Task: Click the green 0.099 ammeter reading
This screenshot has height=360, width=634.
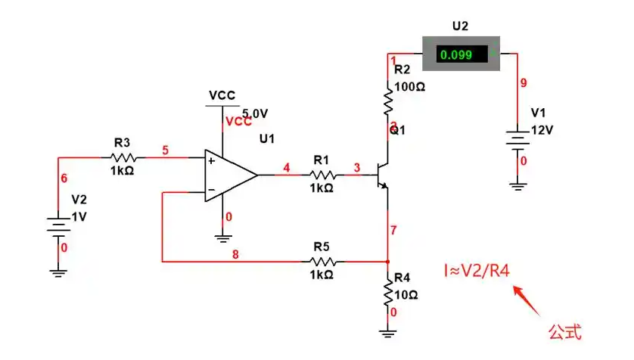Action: pos(456,54)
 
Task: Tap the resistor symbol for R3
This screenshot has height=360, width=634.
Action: pos(123,157)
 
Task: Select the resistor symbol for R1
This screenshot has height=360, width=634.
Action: pos(322,175)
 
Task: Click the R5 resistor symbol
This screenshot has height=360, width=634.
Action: pos(322,262)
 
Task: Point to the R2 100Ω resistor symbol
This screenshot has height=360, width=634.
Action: pos(388,101)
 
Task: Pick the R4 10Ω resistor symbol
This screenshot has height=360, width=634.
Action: pos(388,293)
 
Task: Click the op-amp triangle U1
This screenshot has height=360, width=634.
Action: pos(231,175)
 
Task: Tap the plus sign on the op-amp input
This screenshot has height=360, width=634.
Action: pos(211,161)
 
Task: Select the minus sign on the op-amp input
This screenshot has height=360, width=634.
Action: pos(211,190)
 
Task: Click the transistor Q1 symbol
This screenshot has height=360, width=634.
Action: pos(382,175)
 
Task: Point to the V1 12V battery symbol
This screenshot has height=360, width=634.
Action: pos(517,140)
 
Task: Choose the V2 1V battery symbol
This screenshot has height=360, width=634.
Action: pos(58,227)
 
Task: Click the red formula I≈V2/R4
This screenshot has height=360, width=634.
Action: pos(477,270)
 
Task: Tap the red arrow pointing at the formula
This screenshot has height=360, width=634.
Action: pos(527,300)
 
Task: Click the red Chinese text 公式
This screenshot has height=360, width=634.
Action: pos(565,332)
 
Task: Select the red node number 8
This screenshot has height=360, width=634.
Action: pos(235,254)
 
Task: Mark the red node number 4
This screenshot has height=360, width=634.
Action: pos(286,168)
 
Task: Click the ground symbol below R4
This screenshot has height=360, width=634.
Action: pos(388,334)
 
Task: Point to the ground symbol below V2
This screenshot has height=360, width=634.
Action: pos(58,274)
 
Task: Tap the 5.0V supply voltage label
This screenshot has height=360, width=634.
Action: pos(255,113)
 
